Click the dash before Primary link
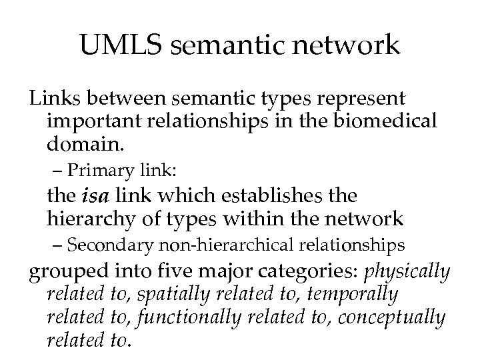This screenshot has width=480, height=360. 58,171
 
